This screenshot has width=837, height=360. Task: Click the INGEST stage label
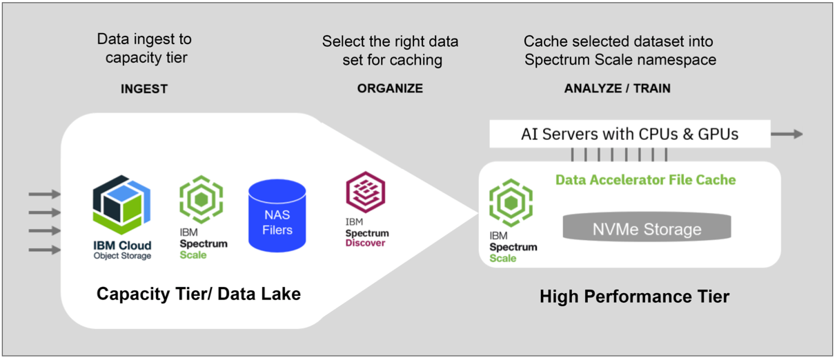[x=144, y=89]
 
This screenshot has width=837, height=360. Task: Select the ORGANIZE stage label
[x=390, y=89]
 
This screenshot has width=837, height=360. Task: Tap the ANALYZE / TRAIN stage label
[x=617, y=89]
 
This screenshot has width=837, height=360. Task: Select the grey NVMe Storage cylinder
[x=647, y=228]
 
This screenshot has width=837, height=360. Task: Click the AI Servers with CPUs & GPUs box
[x=629, y=134]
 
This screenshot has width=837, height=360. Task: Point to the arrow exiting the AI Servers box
[x=787, y=134]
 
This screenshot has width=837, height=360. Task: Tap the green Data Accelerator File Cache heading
[x=645, y=180]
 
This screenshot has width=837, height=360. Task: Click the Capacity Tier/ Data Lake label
[x=199, y=294]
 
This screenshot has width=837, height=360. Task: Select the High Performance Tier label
[x=634, y=297]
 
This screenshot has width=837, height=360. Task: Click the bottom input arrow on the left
[x=44, y=250]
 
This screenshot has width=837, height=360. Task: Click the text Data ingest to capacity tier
[x=145, y=48]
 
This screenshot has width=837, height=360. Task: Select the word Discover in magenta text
[x=366, y=243]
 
